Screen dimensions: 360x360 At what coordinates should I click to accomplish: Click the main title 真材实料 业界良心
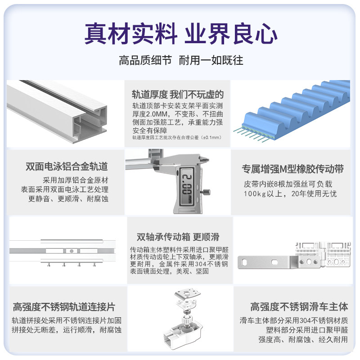(181, 34)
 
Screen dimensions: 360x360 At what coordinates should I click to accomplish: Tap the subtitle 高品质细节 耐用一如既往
(181, 60)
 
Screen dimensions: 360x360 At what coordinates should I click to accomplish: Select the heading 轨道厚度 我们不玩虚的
(178, 94)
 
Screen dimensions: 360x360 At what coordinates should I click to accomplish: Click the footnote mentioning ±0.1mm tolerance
(177, 138)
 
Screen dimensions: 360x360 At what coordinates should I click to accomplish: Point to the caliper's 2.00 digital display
(187, 186)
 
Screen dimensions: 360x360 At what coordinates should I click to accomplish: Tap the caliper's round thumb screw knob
(206, 192)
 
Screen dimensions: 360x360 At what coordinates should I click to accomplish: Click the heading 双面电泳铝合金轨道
(67, 166)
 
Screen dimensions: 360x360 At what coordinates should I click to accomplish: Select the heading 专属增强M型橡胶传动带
(293, 169)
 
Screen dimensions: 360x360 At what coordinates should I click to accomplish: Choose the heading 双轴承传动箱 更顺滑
(178, 237)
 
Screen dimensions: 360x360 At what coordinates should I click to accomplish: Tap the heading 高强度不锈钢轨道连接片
(64, 307)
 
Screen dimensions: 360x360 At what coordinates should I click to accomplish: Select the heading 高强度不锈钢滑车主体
(299, 307)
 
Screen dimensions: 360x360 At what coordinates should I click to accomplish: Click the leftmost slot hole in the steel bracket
(244, 262)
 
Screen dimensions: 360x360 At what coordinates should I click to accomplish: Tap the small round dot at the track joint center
(72, 251)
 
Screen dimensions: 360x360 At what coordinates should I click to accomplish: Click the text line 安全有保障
(150, 130)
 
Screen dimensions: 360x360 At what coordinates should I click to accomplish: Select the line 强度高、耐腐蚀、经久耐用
(303, 339)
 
